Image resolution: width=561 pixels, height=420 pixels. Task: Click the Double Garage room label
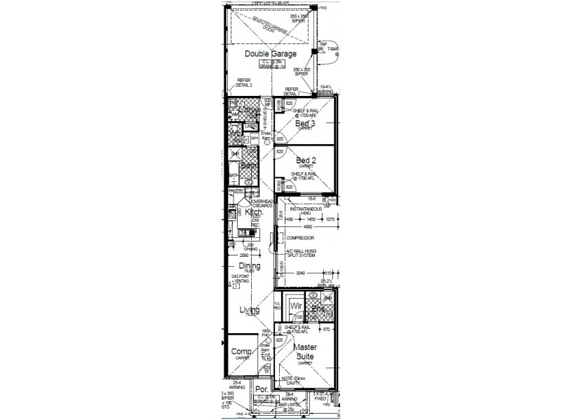pos(271,53)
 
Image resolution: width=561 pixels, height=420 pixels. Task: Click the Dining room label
pos(249,266)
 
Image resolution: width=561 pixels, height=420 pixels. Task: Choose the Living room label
pos(249,310)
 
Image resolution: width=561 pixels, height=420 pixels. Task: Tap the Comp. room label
pos(241,351)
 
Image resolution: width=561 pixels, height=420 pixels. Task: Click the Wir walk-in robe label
pos(296,307)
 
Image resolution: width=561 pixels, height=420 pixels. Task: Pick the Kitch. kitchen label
pos(252,211)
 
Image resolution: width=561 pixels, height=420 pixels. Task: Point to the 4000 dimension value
pos(306,226)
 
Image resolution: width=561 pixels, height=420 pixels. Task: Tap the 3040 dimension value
pos(302,274)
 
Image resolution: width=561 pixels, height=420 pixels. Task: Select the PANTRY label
pos(235,190)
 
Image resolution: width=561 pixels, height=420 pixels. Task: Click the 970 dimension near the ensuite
pos(325,329)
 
